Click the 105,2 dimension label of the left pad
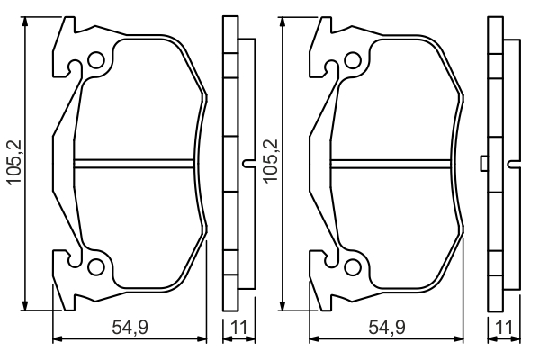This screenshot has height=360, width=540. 15,163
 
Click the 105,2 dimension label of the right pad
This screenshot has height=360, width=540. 271,161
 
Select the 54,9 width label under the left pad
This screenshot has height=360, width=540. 130,327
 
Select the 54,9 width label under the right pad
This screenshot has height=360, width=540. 387,327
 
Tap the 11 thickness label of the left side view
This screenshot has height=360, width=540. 239,327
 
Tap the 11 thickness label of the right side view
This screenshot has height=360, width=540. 504,327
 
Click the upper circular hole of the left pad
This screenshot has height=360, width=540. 96,60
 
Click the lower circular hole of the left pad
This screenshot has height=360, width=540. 96,266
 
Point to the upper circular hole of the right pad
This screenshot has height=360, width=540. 353,60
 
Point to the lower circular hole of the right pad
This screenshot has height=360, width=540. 353,266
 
